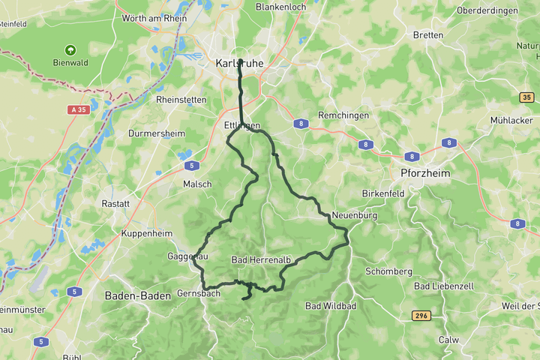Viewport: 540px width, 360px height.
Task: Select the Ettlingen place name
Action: pyautogui.click(x=241, y=125)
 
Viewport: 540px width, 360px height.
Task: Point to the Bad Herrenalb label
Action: pyautogui.click(x=261, y=259)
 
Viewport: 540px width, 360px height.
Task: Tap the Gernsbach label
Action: pyautogui.click(x=199, y=293)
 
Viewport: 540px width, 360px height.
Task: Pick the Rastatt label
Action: pyautogui.click(x=115, y=203)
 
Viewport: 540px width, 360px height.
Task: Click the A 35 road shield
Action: pyautogui.click(x=78, y=109)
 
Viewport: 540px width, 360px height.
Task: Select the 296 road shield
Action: pyautogui.click(x=421, y=316)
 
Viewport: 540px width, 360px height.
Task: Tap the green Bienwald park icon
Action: pyautogui.click(x=70, y=49)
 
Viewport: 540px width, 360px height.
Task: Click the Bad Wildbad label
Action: pyautogui.click(x=330, y=306)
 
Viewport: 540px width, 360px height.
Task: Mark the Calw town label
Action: pyautogui.click(x=448, y=340)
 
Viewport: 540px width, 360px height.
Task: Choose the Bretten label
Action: pyautogui.click(x=427, y=35)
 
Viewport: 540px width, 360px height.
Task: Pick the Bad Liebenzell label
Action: pyautogui.click(x=443, y=286)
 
